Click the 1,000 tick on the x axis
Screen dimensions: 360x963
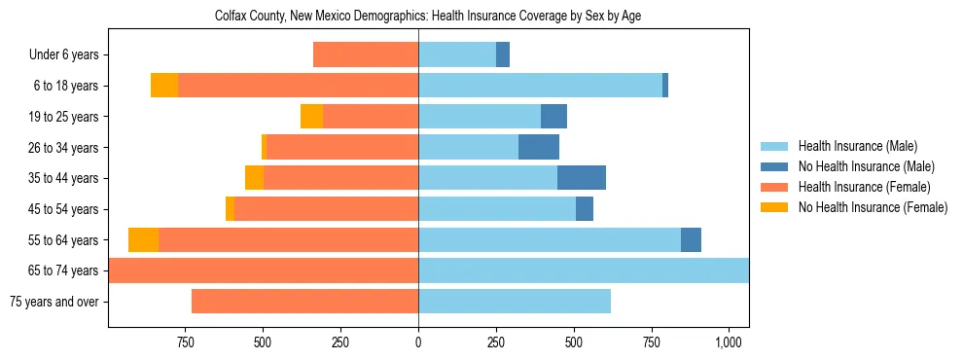729,342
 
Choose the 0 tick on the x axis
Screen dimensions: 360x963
418,342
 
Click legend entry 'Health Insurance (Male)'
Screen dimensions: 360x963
857,146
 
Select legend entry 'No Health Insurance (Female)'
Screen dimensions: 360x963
873,207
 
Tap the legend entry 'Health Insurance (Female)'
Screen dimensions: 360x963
864,187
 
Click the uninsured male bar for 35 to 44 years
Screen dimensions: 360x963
582,178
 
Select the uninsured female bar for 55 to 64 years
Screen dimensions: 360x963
143,240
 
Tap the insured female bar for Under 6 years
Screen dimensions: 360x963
366,55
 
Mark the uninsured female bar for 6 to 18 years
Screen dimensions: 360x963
164,86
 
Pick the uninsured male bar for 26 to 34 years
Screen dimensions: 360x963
539,148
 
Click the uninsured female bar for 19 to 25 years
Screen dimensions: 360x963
311,117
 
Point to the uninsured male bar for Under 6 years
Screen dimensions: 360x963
503,55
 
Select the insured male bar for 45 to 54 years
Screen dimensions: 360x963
497,209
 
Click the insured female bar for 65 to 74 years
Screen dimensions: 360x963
263,270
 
